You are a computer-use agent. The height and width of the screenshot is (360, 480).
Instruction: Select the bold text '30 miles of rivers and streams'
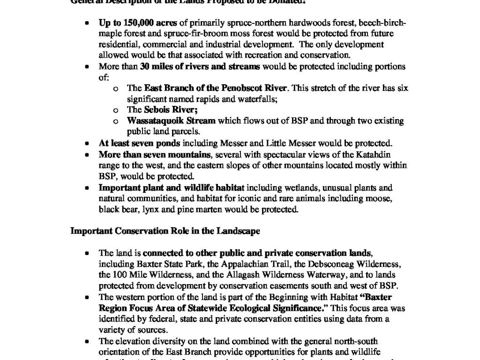(200, 67)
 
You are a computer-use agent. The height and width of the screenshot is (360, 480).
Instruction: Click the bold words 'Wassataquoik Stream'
(171, 121)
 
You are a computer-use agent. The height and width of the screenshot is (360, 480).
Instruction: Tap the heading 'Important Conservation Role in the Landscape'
(165, 231)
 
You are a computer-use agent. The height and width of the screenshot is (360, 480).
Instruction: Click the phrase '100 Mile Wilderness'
(145, 275)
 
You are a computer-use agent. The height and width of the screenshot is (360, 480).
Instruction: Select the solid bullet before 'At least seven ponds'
(87, 143)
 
